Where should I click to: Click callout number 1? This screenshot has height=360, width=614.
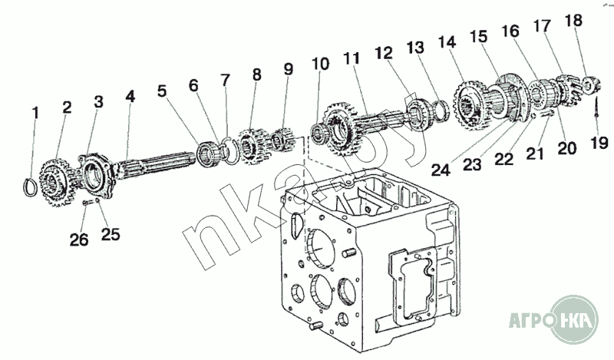35,114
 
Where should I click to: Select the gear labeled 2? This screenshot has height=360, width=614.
53,177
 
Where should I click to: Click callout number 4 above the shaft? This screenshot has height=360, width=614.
130,97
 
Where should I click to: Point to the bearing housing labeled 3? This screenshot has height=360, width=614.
97,173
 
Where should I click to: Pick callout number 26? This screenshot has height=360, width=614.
79,239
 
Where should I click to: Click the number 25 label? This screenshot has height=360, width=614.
111,235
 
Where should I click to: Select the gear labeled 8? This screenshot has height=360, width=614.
250,143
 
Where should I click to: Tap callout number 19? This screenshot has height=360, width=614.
599,142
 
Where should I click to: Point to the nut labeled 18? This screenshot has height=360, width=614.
590,83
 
